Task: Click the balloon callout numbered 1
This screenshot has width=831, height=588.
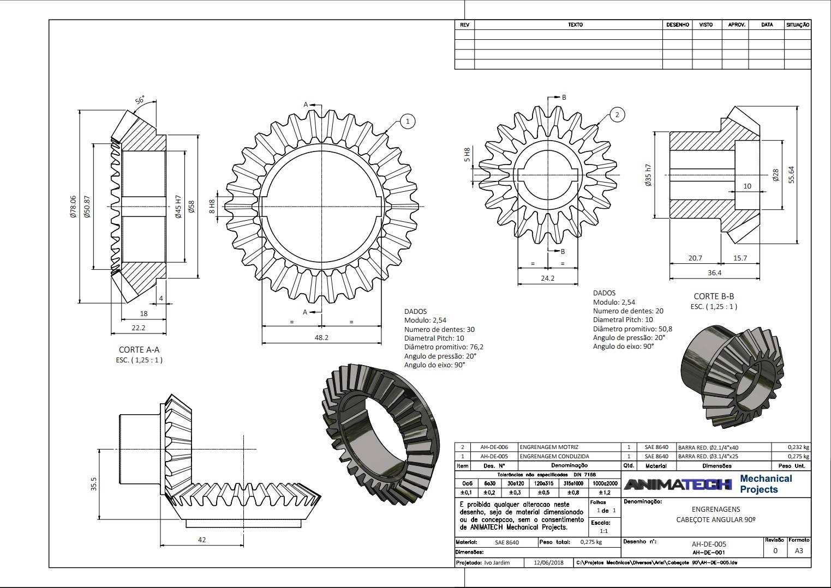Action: pos(408,122)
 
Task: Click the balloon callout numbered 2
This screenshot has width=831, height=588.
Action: pos(617,114)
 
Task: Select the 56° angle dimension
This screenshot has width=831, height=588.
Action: pos(140,101)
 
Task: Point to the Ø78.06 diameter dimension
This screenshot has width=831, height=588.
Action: pos(73,208)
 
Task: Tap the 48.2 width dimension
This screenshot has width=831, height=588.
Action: pos(321,337)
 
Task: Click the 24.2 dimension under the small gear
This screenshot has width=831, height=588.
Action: pos(547,278)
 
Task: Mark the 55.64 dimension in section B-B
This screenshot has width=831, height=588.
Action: pos(792,174)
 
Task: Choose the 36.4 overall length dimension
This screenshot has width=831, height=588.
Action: pos(714,272)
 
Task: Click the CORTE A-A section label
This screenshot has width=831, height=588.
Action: pos(139,350)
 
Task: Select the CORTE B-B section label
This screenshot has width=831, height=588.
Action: pos(714,296)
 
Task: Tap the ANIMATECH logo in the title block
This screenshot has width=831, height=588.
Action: pos(678,484)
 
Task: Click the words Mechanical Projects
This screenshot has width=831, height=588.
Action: pos(766,484)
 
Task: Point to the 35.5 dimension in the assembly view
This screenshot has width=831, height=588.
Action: pos(94,484)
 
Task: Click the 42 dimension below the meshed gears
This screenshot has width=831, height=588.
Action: pos(202,539)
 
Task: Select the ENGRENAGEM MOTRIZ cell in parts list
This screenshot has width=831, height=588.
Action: pos(549,447)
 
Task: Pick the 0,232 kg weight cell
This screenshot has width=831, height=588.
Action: pos(798,447)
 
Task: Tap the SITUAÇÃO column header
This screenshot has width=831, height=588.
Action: pos(798,25)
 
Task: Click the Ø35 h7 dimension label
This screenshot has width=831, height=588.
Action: pos(648,175)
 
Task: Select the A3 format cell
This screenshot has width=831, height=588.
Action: pos(799,550)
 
